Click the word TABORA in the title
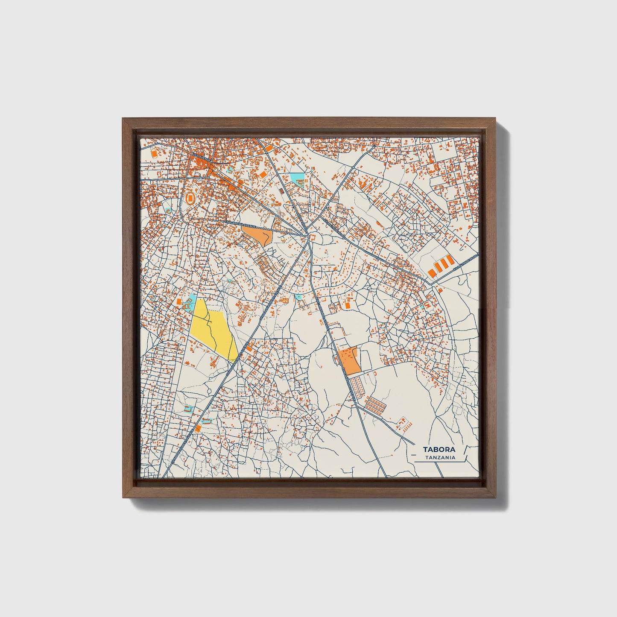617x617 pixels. (439, 450)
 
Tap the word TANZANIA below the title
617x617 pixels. (440, 458)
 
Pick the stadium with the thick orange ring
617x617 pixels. (191, 198)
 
